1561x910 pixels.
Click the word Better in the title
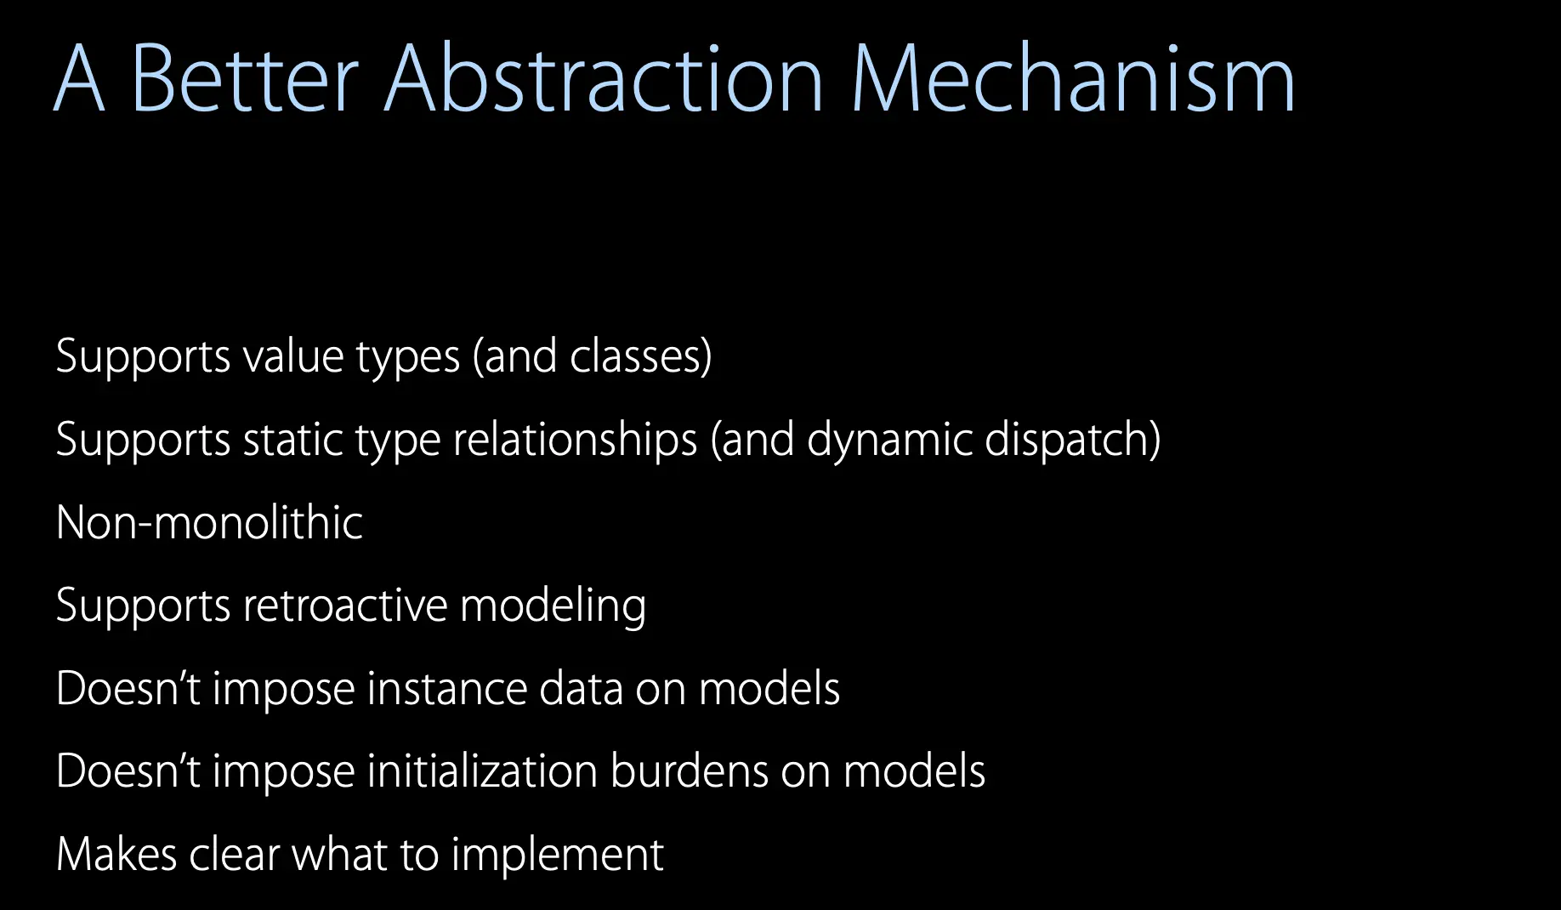(x=245, y=78)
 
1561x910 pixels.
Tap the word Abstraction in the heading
(x=604, y=78)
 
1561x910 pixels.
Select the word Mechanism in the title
(x=1073, y=78)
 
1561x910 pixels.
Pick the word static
(x=292, y=439)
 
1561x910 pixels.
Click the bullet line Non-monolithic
(x=209, y=522)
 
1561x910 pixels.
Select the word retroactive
(x=345, y=606)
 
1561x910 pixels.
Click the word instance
(x=446, y=688)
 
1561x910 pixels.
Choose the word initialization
(x=482, y=771)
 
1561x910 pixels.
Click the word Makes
(x=116, y=854)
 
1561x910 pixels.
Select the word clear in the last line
(x=235, y=854)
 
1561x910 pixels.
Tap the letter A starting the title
(x=80, y=78)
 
